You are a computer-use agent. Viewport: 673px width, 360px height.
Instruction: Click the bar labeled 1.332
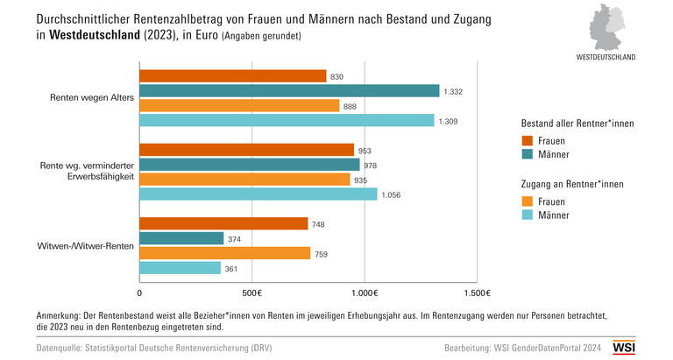pos(289,90)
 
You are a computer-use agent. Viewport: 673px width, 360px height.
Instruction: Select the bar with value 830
pos(233,76)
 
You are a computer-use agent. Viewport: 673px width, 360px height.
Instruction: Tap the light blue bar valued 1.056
pos(259,194)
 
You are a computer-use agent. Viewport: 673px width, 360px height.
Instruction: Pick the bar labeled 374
pos(181,238)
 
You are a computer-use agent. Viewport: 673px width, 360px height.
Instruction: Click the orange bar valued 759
pos(225,253)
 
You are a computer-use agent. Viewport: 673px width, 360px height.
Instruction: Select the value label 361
pos(231,268)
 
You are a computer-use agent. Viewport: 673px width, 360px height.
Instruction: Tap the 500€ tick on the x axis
pos(251,293)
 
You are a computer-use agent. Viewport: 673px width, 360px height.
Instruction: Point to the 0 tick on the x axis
pos(140,293)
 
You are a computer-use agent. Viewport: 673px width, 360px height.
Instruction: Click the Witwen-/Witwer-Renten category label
pos(87,246)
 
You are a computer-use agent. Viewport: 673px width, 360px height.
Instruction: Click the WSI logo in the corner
pos(624,348)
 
